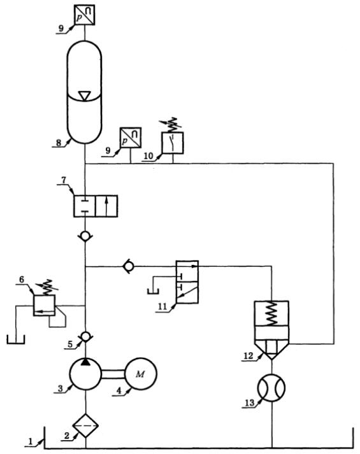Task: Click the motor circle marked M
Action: [141, 374]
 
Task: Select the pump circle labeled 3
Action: [85, 374]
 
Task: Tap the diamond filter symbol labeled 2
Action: [85, 425]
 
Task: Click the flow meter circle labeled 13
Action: [271, 388]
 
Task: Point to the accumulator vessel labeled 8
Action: [84, 92]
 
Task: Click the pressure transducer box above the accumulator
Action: [84, 15]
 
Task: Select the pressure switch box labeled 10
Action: [173, 143]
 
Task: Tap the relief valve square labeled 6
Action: [45, 305]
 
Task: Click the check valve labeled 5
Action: [85, 336]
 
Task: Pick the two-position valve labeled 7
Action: [96, 206]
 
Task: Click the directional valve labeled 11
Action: [187, 282]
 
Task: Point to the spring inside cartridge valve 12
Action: [271, 313]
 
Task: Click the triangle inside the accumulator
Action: [84, 96]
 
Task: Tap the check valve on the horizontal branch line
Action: [128, 266]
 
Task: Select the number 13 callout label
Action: [249, 402]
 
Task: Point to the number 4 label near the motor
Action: [119, 390]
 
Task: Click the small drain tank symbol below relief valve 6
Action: [16, 339]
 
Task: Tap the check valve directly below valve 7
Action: [85, 237]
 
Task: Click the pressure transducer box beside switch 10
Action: [131, 138]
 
